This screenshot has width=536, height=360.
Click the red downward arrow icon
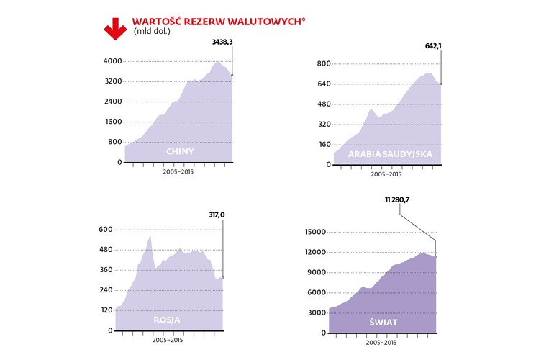115,27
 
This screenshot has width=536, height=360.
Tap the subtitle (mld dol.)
152,32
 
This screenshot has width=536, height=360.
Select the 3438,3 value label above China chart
222,42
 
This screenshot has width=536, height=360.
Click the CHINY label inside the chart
180,151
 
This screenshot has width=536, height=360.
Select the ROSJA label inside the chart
167,320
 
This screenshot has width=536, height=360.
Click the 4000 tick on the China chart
112,61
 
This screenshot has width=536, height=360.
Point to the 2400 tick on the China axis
112,102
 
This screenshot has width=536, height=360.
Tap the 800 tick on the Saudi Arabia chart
324,64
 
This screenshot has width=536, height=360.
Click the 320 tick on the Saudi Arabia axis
324,125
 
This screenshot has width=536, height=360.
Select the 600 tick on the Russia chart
105,230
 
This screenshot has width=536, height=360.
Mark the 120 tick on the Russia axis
105,310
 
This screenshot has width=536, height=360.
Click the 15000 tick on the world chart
315,232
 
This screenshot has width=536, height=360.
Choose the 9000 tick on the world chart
317,272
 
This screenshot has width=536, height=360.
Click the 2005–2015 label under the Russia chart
167,341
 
